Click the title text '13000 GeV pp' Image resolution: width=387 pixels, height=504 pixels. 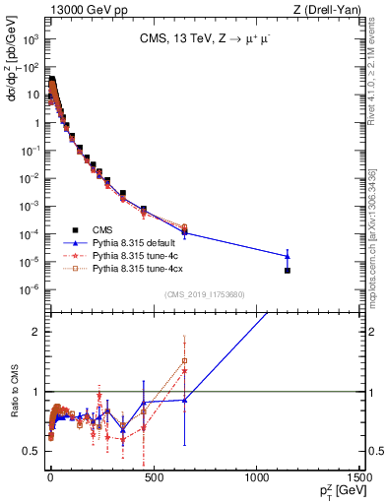coord(80,10)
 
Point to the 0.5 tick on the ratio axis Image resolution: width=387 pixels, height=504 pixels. coord(35,451)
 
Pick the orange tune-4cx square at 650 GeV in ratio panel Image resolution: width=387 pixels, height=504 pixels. coord(184,360)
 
